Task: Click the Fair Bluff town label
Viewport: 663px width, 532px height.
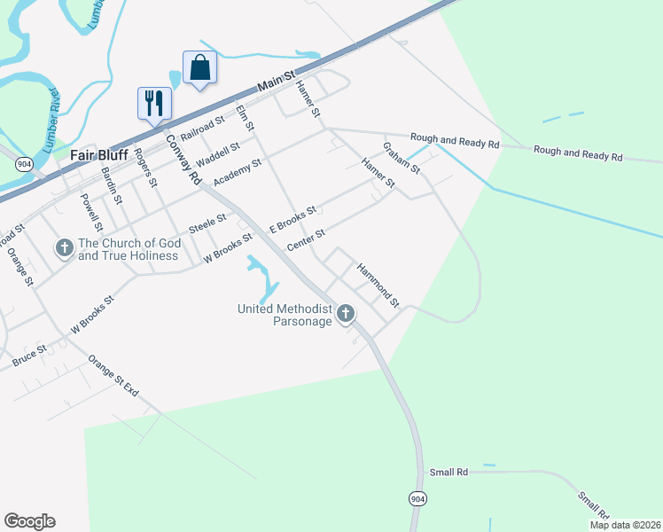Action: [x=98, y=153]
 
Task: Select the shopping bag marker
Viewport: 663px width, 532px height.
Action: [x=199, y=67]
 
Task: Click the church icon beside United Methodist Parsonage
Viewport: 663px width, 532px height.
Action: [x=346, y=313]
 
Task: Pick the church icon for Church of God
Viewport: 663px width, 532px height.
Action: [x=64, y=249]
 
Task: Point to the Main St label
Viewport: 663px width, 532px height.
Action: [x=276, y=86]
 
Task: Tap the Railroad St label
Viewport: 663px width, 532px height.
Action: [x=203, y=128]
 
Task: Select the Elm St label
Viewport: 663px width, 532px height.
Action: [x=246, y=121]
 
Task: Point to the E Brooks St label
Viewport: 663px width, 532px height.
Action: [x=293, y=222]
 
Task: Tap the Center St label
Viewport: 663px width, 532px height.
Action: [x=307, y=239]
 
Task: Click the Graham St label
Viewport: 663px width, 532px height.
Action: [x=401, y=157]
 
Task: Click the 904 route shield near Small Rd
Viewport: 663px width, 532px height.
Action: [x=417, y=499]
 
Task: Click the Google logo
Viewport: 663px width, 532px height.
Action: [x=29, y=521]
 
